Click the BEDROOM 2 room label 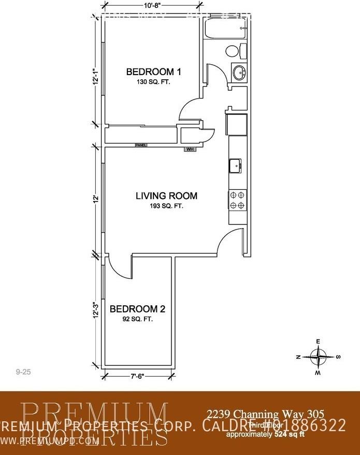(137, 309)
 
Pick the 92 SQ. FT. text (137, 320)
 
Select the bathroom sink (240, 72)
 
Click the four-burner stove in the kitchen (238, 200)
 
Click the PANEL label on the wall (141, 146)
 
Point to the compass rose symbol (318, 357)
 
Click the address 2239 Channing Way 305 (266, 414)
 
